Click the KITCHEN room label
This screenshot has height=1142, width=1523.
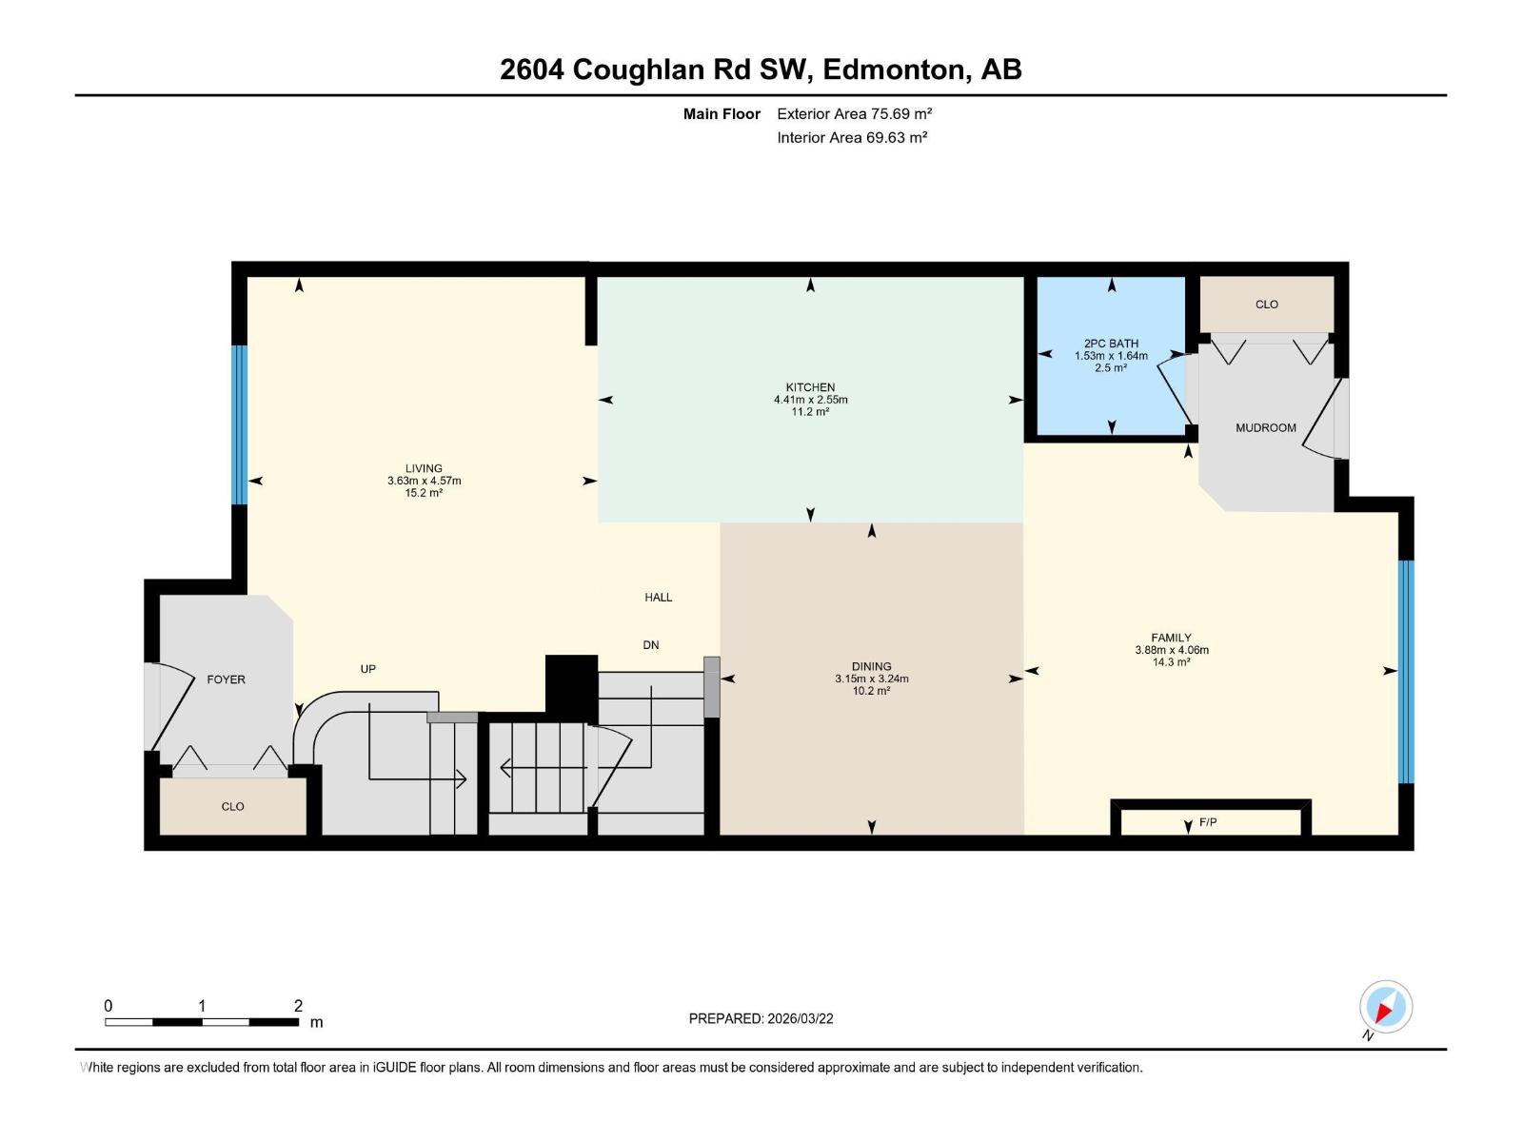pos(810,387)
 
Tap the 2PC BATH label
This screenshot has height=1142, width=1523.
pos(1111,344)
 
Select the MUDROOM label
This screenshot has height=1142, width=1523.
pos(1265,428)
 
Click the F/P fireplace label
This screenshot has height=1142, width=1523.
pos(1208,822)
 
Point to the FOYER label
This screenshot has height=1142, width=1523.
pos(226,679)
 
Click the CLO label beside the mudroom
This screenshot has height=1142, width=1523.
pos(1266,305)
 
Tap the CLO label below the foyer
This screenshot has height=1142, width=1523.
pos(232,807)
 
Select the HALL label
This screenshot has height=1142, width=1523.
pos(658,598)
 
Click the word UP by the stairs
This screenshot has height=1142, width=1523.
pos(368,669)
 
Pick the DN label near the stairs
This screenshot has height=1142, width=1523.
pos(650,645)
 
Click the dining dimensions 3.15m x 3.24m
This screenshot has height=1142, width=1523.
pos(871,679)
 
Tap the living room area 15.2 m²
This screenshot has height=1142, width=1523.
pos(424,493)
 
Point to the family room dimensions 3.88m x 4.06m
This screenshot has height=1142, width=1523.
pos(1171,650)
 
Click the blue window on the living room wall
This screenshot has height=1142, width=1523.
pos(240,424)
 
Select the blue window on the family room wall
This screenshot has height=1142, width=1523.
pos(1405,671)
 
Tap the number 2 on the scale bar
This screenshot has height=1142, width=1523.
pos(298,1006)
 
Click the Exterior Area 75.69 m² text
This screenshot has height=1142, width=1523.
pos(854,113)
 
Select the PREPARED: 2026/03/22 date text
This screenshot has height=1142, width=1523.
pos(761,1018)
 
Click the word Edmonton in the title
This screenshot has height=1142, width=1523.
pos(891,69)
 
